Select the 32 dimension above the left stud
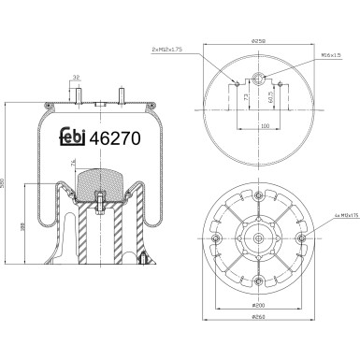click(x=76, y=79)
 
